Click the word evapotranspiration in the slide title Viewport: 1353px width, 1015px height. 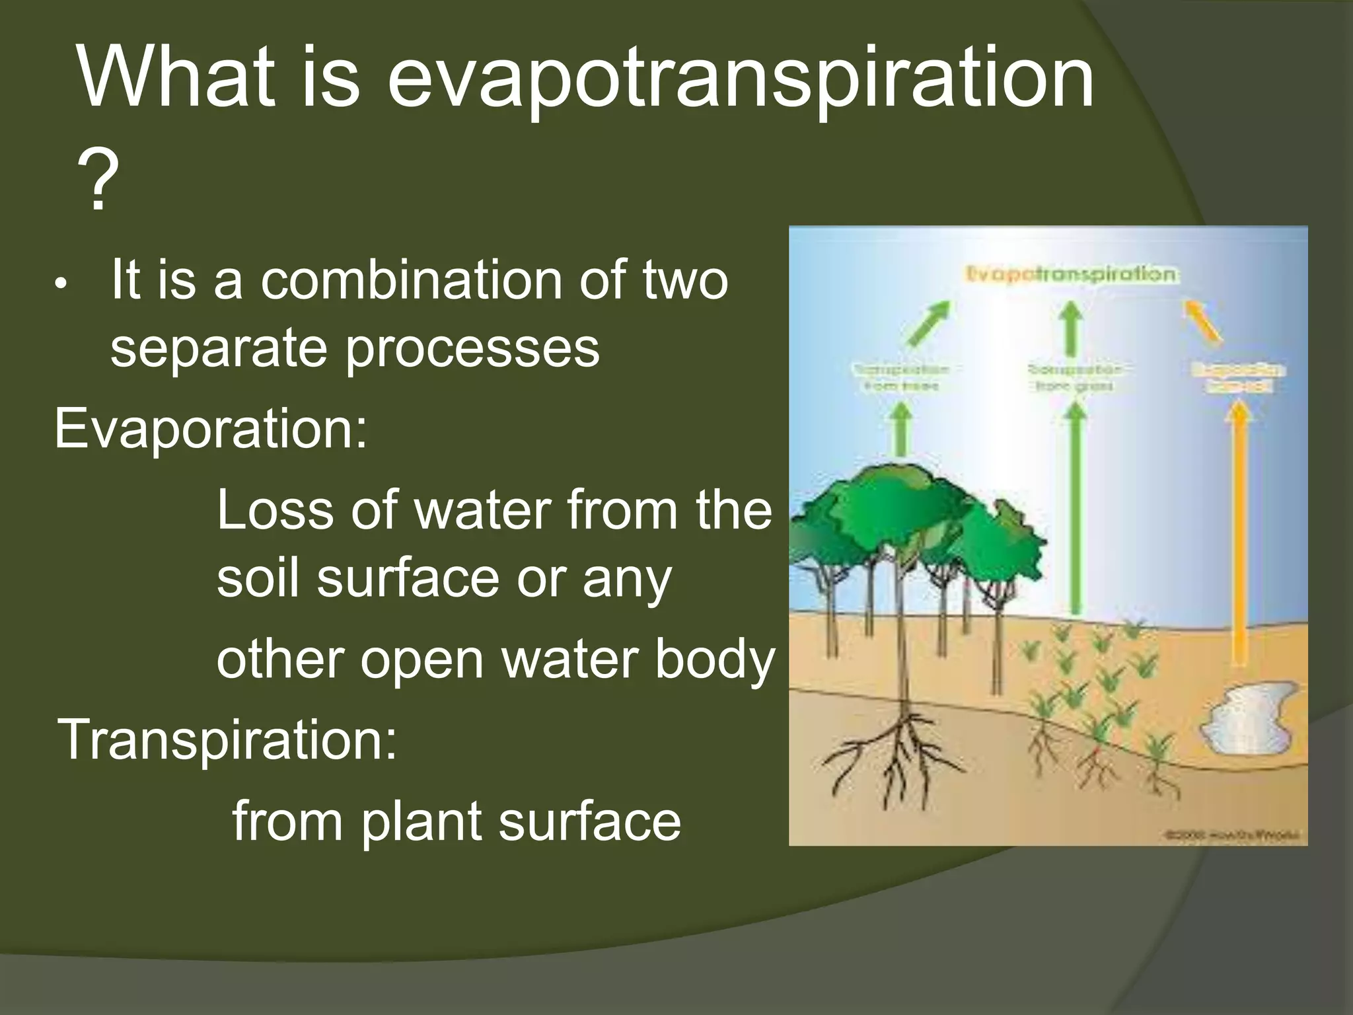click(x=739, y=80)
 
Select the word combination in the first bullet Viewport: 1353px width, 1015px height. click(x=412, y=280)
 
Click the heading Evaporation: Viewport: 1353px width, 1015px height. click(x=210, y=430)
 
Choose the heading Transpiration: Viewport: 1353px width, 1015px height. click(x=228, y=739)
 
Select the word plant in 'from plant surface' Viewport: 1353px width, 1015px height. click(x=421, y=821)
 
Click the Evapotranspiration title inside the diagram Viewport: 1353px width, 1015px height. click(x=1070, y=274)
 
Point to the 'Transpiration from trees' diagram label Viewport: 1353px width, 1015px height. click(x=901, y=377)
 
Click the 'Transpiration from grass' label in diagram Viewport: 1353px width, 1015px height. click(x=1075, y=377)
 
